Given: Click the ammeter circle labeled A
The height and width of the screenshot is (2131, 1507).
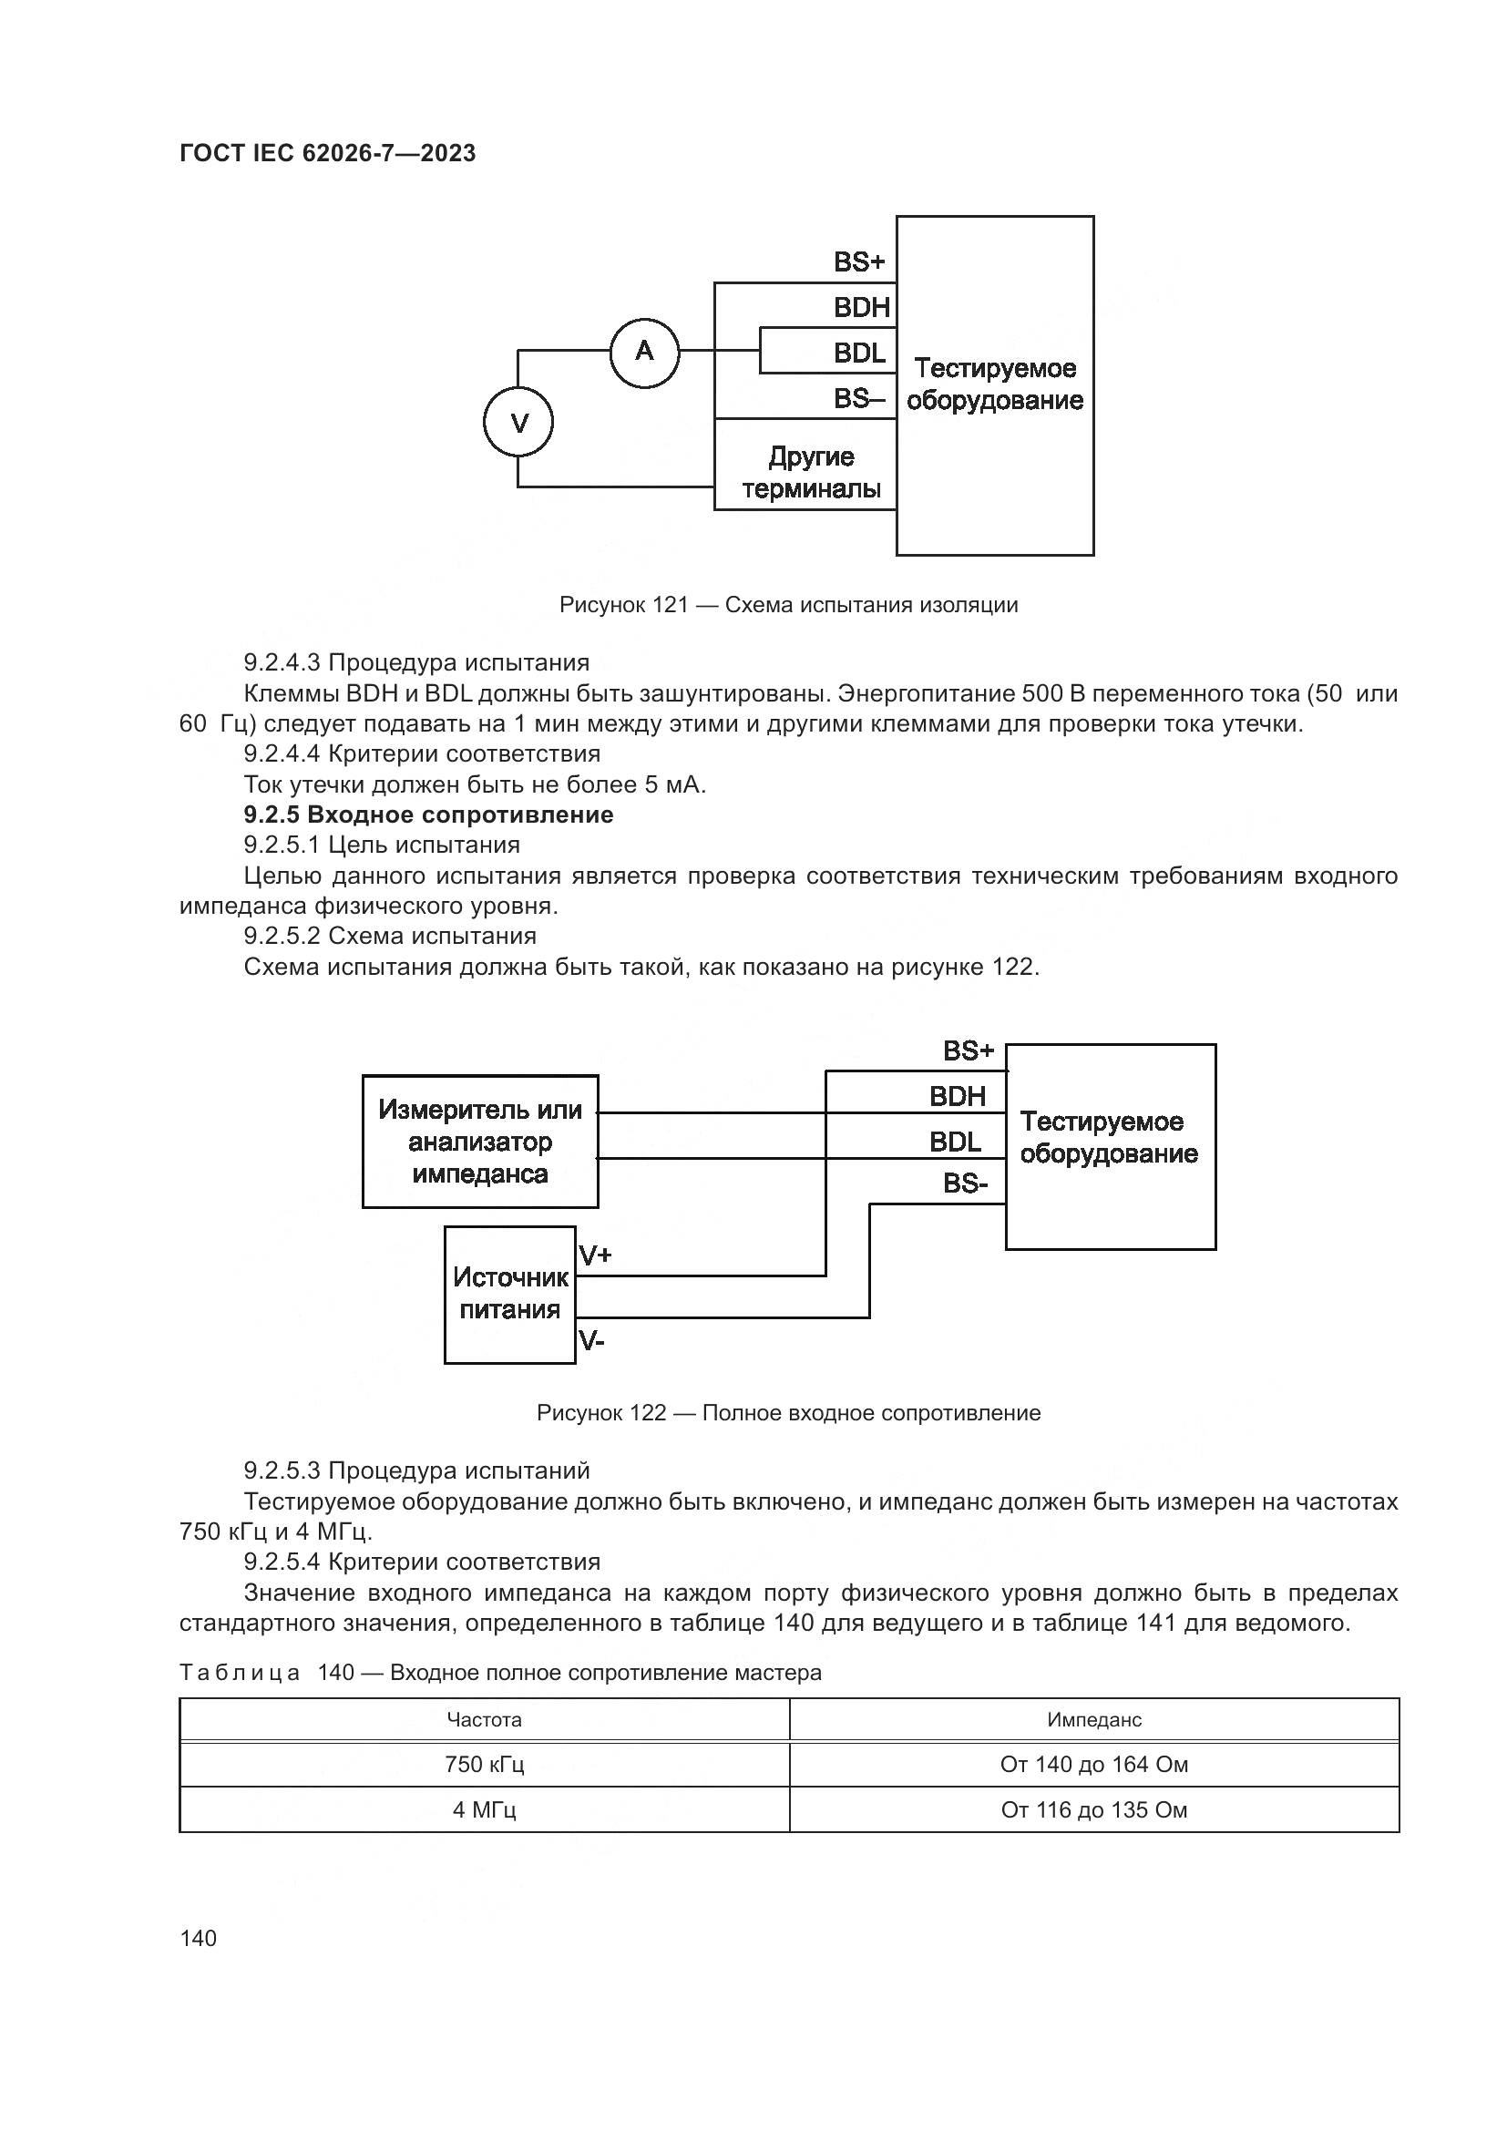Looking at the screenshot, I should click(644, 352).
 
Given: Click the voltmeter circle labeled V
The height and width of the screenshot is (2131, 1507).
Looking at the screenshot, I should click(518, 424).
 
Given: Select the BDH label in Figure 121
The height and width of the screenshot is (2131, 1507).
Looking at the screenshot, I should click(861, 307).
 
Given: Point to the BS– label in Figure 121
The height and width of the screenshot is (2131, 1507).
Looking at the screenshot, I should click(858, 399).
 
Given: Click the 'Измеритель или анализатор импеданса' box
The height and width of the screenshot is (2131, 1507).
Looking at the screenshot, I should click(480, 1142).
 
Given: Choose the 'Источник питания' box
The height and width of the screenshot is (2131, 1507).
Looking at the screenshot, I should click(509, 1294).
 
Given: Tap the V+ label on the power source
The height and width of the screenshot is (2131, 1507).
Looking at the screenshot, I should click(595, 1255).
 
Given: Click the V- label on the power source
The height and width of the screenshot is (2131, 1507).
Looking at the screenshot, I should click(591, 1339).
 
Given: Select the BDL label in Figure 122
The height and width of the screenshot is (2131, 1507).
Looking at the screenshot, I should click(955, 1142).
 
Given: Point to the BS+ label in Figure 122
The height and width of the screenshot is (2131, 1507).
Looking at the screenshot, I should click(968, 1050).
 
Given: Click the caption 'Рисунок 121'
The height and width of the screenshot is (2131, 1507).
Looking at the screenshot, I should click(788, 605).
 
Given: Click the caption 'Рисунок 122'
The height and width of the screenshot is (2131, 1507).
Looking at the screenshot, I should click(788, 1413).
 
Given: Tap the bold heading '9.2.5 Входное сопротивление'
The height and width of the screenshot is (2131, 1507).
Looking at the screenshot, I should click(428, 814).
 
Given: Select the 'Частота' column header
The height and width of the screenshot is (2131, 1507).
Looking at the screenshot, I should click(484, 1720).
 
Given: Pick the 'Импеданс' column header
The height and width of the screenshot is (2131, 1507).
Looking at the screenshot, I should click(1094, 1720).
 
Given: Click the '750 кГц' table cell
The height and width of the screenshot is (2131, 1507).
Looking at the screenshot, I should click(484, 1765).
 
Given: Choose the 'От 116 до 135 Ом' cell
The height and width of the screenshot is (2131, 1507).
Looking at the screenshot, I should click(1094, 1810).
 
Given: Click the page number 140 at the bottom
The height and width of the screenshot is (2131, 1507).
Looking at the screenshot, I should click(198, 1938).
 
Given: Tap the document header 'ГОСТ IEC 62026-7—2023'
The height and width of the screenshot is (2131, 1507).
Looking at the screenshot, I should click(327, 153).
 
